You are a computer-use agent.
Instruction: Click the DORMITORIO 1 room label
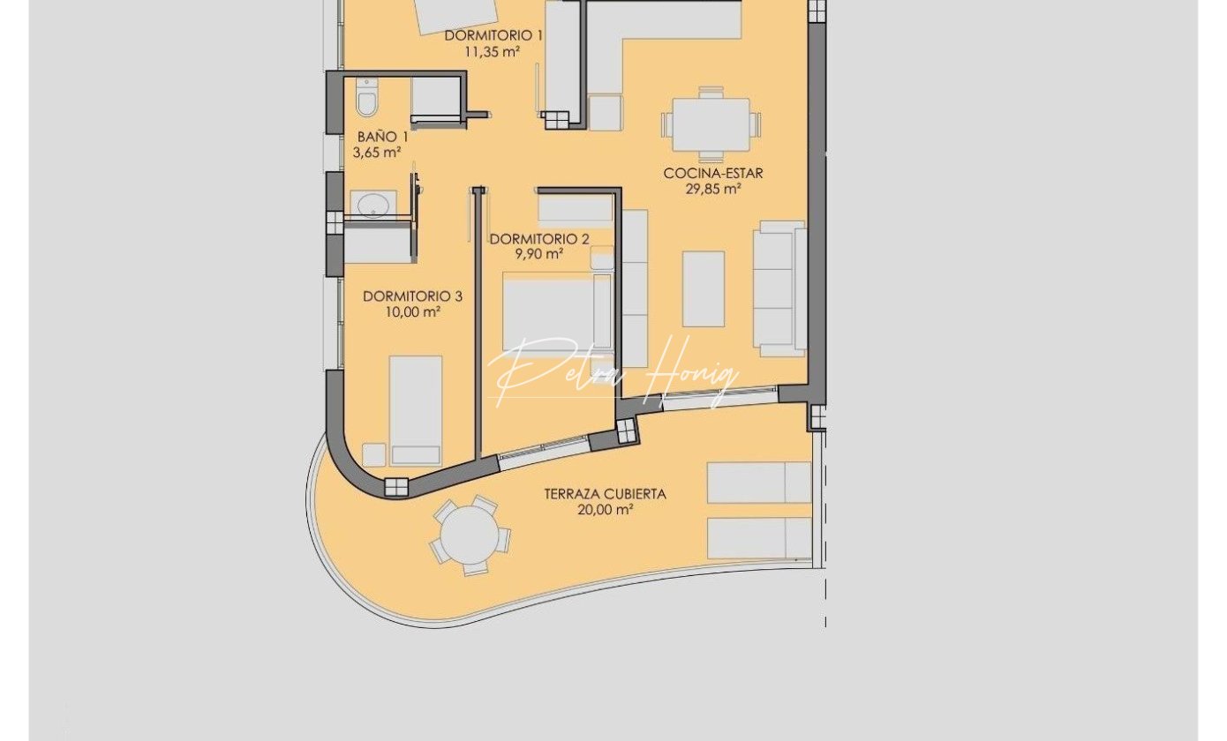click(x=493, y=35)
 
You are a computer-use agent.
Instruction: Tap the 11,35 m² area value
click(x=492, y=51)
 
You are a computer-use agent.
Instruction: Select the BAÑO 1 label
click(x=382, y=137)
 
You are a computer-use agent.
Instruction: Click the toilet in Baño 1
click(x=366, y=97)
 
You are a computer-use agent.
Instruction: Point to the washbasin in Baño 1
click(x=373, y=206)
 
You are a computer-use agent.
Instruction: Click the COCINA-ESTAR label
click(x=713, y=174)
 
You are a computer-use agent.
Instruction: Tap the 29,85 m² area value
click(x=713, y=189)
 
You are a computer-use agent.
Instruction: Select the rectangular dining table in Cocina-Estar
click(x=711, y=124)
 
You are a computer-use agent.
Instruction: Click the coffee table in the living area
click(x=704, y=289)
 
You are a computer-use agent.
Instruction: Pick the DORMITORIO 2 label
click(x=539, y=239)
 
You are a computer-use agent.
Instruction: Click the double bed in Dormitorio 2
click(x=558, y=312)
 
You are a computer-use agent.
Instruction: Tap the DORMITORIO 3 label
click(x=412, y=296)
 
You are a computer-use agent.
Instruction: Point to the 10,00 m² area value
click(x=413, y=312)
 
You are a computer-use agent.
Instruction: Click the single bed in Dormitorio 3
click(x=416, y=410)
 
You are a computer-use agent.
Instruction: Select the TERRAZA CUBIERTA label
click(x=606, y=494)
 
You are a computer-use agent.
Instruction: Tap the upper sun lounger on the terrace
click(x=759, y=483)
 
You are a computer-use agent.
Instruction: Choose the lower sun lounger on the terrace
click(x=759, y=538)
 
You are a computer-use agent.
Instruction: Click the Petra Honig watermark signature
click(x=613, y=373)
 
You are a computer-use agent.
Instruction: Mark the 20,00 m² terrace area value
click(x=606, y=510)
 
